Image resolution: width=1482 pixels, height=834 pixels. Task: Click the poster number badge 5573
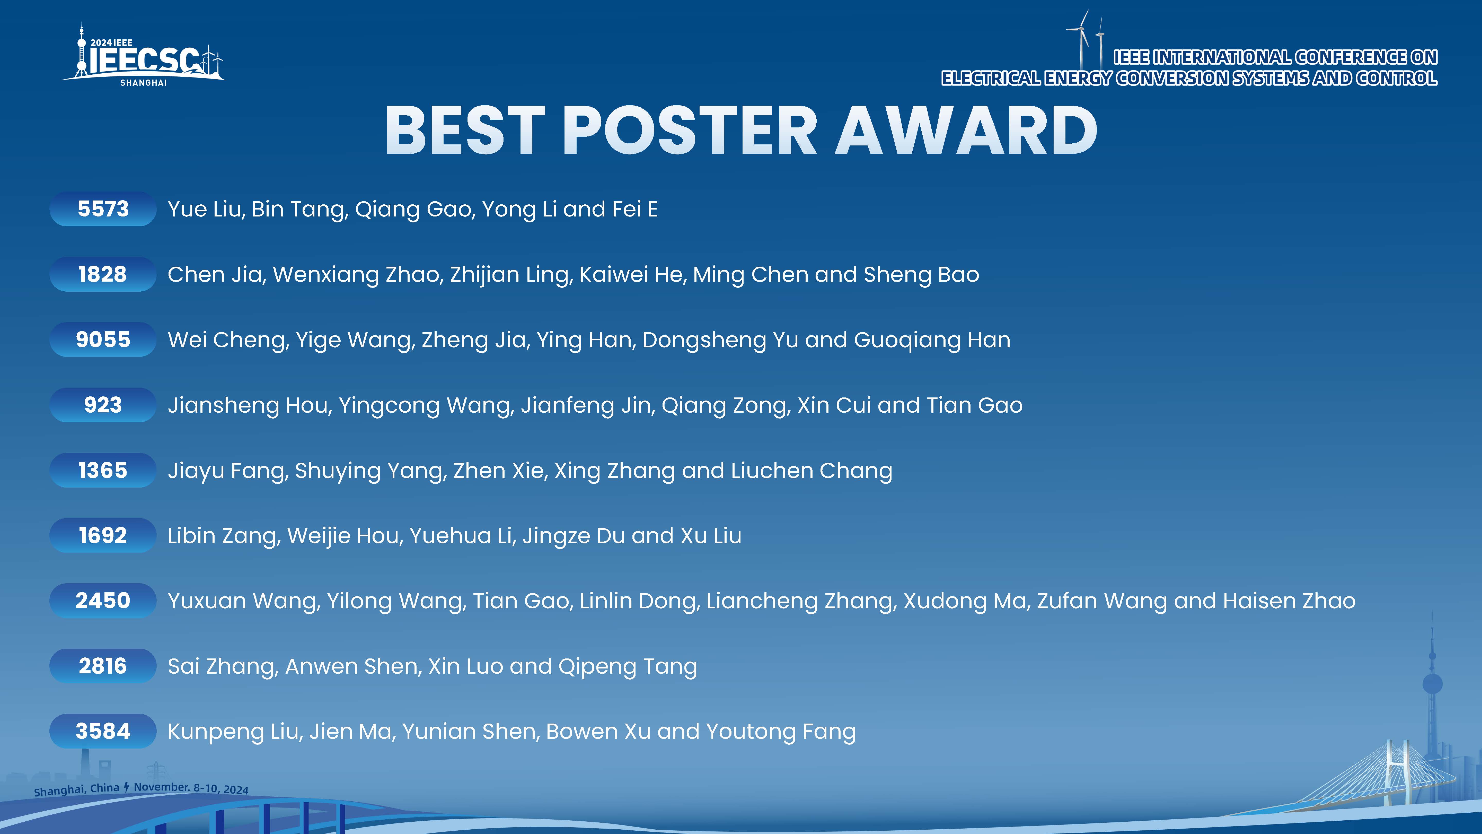pyautogui.click(x=103, y=209)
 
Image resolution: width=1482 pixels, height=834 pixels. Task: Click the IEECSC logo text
pyautogui.click(x=144, y=59)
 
